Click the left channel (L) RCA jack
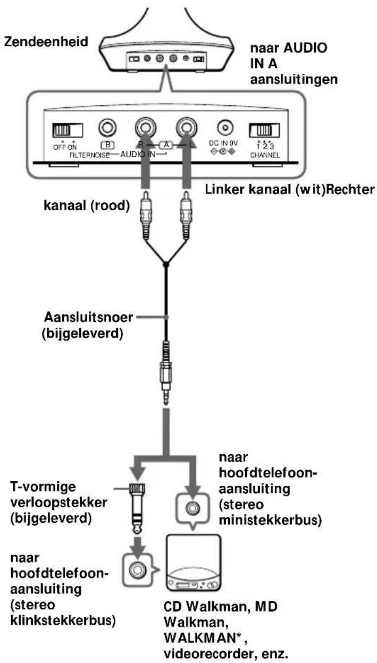(x=187, y=128)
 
